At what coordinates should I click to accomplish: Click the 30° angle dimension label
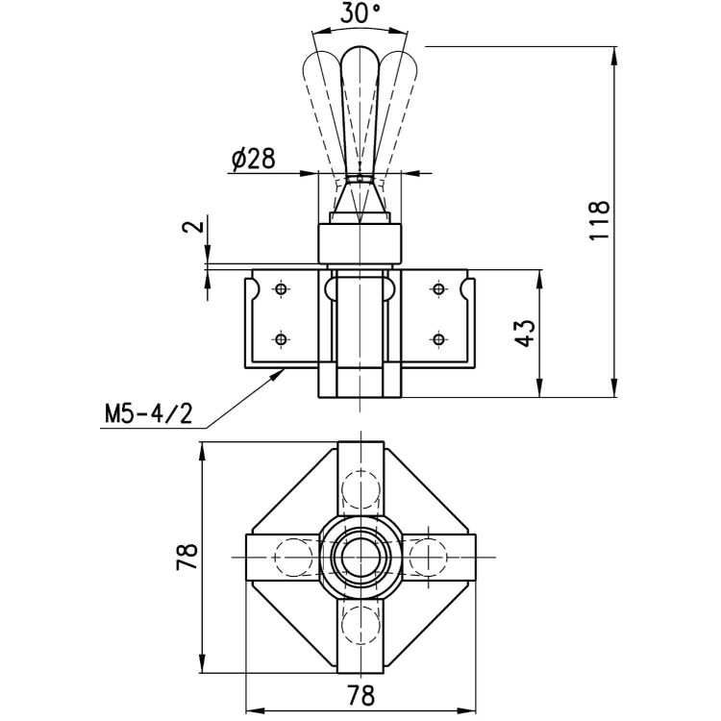[x=360, y=12]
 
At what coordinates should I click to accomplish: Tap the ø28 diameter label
[x=254, y=159]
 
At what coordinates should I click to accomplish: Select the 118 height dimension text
[x=600, y=220]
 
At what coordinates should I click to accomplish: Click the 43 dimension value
[x=526, y=333]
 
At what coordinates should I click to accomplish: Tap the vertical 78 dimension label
[x=187, y=557]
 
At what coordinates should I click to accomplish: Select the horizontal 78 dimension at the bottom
[x=361, y=695]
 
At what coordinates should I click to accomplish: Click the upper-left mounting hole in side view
[x=281, y=289]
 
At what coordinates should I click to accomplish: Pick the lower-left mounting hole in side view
[x=281, y=339]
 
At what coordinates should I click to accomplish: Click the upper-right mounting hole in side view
[x=439, y=289]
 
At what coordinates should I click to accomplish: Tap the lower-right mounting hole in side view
[x=439, y=339]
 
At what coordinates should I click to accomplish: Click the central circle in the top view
[x=360, y=557]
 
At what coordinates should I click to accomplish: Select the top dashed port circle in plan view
[x=360, y=489]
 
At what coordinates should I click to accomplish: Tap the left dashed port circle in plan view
[x=293, y=557]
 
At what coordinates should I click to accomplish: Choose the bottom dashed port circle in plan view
[x=360, y=625]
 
